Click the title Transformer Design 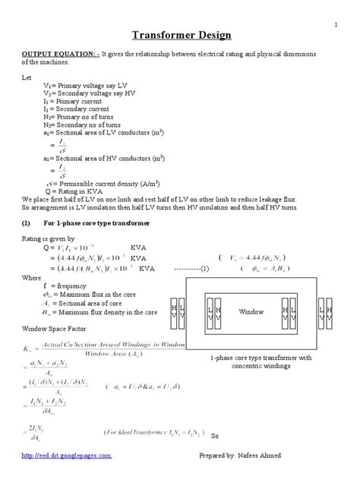click(x=182, y=35)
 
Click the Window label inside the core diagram click(x=251, y=311)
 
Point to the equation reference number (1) click(x=204, y=269)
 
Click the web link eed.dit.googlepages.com click(x=78, y=455)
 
